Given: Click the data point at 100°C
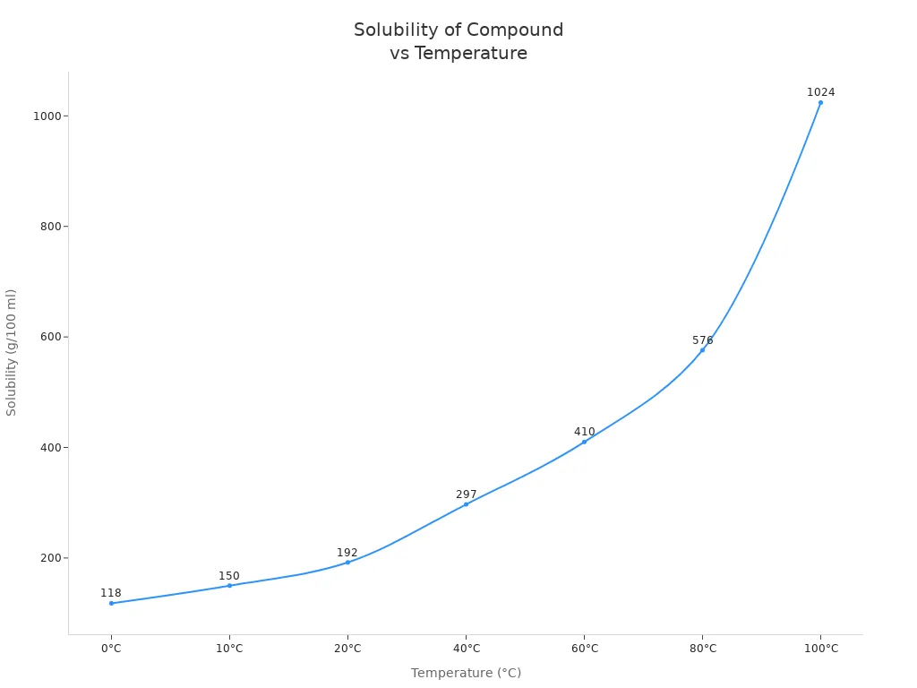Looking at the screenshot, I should coord(820,102).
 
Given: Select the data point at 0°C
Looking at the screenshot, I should coord(111,603).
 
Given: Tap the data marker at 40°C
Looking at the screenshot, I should coord(466,504).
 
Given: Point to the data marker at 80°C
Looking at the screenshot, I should coord(702,349).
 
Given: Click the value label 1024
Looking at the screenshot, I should coord(820,92).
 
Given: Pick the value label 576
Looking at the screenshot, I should coord(702,340).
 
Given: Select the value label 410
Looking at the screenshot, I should coord(584,432).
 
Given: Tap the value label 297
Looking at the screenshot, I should coord(466,494).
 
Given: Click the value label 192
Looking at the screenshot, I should coord(347,553).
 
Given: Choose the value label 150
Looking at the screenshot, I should coord(229,576).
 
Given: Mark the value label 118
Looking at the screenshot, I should coord(111,593).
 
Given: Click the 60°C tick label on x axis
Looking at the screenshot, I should coord(584,649).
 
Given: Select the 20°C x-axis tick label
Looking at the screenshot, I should coord(347,649).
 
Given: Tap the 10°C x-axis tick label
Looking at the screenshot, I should coord(229,649).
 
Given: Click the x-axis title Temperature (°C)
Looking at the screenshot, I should coord(466,673).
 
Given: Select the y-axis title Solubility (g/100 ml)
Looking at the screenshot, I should coord(12,352).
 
